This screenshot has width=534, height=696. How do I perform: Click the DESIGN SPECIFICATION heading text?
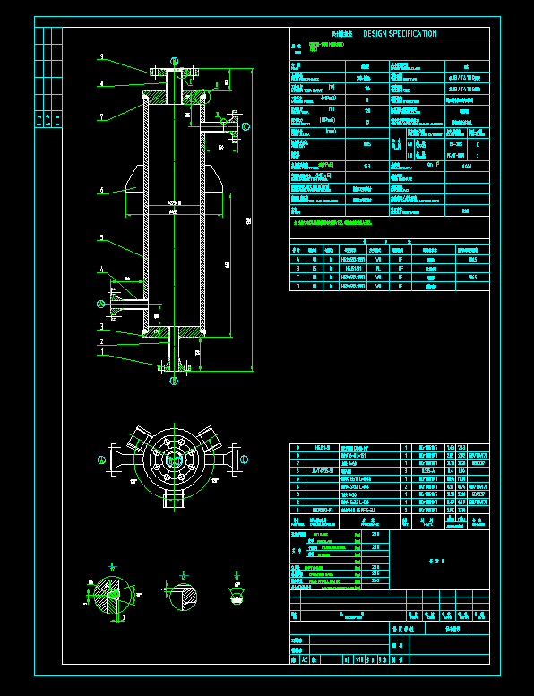pos(400,34)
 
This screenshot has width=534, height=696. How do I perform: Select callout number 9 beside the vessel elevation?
pos(102,57)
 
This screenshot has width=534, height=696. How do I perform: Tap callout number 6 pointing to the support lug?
pos(102,190)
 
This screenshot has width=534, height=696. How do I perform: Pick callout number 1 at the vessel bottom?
pos(102,352)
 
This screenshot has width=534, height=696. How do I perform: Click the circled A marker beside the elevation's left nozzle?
pos(101,305)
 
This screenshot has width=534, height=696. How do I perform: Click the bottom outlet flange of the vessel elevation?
pos(174,365)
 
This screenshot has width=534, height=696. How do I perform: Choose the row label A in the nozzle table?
pos(298,259)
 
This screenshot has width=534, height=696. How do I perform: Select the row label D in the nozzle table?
pos(298,287)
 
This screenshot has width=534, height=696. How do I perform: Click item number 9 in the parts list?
pos(298,447)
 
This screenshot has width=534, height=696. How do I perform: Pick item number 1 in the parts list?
pos(298,510)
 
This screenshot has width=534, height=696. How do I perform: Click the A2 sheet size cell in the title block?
pos(303,659)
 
